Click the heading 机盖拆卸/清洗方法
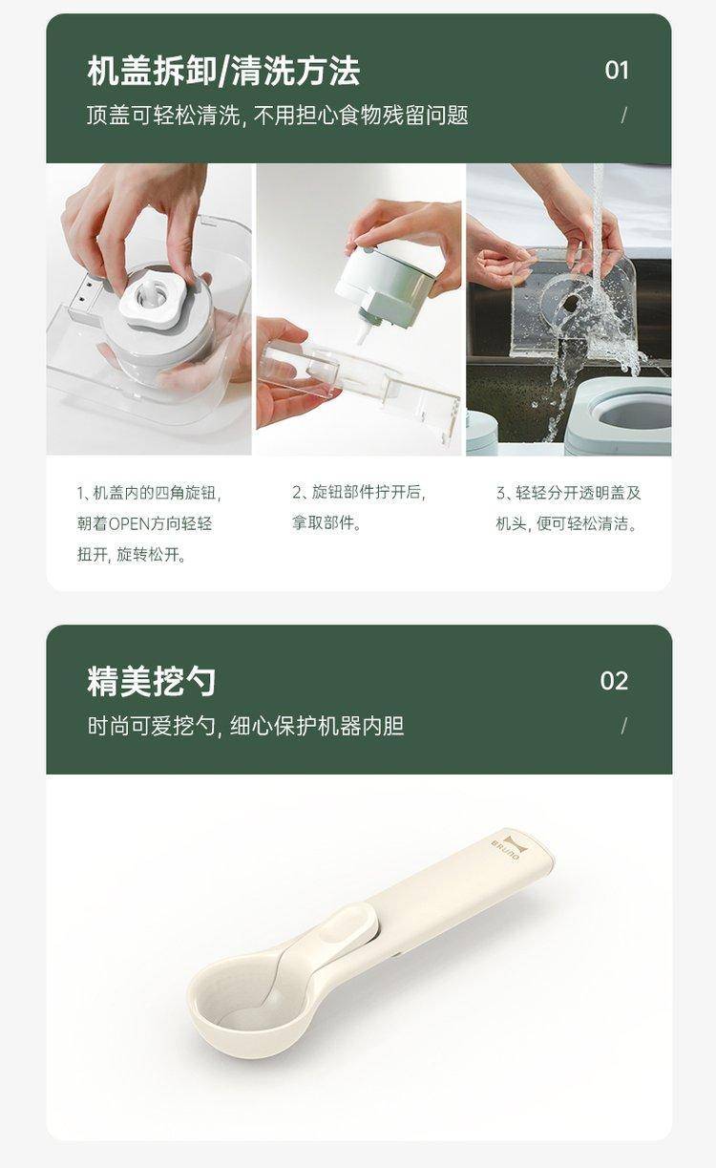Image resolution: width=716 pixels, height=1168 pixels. click(223, 71)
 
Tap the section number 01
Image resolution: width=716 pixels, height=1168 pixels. click(617, 71)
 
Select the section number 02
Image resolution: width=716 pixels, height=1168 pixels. click(614, 681)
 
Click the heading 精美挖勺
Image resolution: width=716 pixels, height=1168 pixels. click(151, 681)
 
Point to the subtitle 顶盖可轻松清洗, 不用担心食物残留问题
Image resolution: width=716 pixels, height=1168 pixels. click(277, 116)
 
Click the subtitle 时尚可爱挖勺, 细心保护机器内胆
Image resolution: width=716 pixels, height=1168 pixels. click(245, 725)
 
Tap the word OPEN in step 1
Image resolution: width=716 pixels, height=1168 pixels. click(129, 523)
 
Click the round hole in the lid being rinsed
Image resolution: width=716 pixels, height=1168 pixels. click(572, 302)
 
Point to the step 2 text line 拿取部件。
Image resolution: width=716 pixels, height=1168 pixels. click(326, 522)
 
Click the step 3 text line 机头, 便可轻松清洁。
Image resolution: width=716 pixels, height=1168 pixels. click(567, 523)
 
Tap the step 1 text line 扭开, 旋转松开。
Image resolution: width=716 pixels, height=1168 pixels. click(132, 554)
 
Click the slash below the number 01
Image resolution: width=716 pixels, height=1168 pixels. click(623, 116)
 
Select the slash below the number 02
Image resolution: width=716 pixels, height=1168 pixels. click(623, 725)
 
